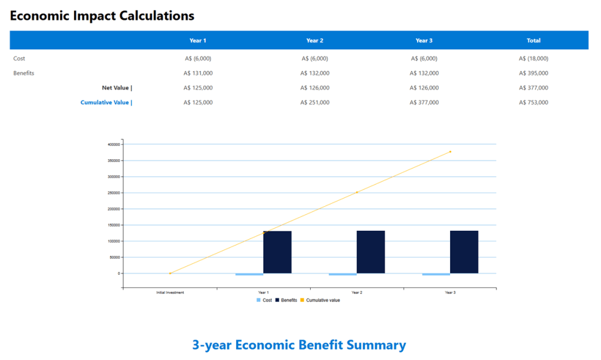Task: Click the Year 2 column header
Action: coord(315,41)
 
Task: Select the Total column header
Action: coord(533,41)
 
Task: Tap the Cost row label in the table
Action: coord(19,59)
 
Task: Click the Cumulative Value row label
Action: coord(106,103)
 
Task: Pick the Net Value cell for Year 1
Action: coord(198,88)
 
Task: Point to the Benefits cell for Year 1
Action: coord(198,73)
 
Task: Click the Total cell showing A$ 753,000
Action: coord(533,103)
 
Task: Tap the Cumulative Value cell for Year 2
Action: coord(315,103)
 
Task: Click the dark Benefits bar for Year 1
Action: coord(277,252)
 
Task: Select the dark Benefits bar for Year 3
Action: coord(464,252)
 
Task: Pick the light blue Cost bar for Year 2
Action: coord(343,274)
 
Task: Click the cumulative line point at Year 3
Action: coord(450,152)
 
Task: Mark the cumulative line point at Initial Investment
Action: coord(170,273)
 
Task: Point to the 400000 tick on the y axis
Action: coord(114,144)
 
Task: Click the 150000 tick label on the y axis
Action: coord(114,225)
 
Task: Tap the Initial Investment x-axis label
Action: coord(170,292)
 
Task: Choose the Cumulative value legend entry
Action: coord(323,300)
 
